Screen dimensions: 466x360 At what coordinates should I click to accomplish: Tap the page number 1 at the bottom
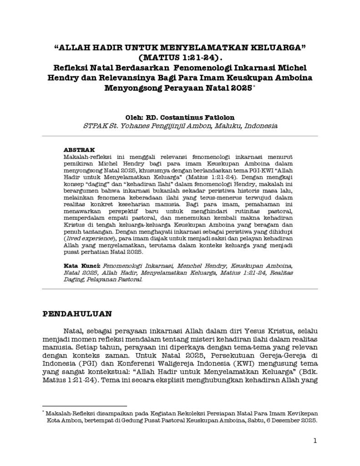315,441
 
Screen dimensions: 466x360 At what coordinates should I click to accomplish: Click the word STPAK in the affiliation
94,126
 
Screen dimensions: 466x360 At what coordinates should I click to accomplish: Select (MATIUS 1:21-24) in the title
180,58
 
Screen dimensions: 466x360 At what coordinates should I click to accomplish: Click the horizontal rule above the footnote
84,405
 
